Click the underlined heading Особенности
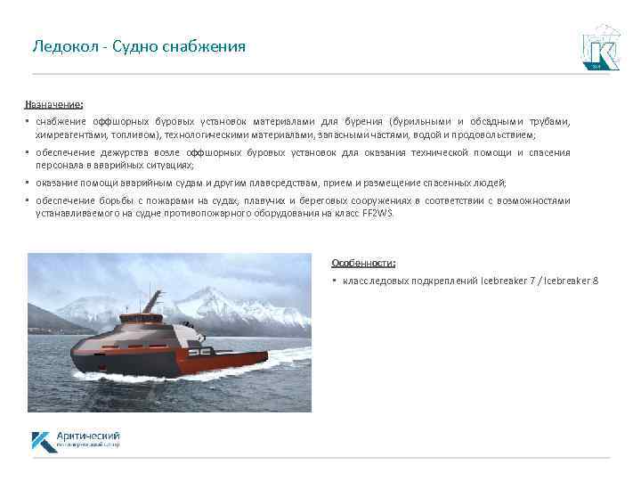pyautogui.click(x=364, y=263)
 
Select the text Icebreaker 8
pyautogui.click(x=571, y=281)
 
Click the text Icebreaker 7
pyautogui.click(x=506, y=281)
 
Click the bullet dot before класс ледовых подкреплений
pyautogui.click(x=334, y=281)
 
